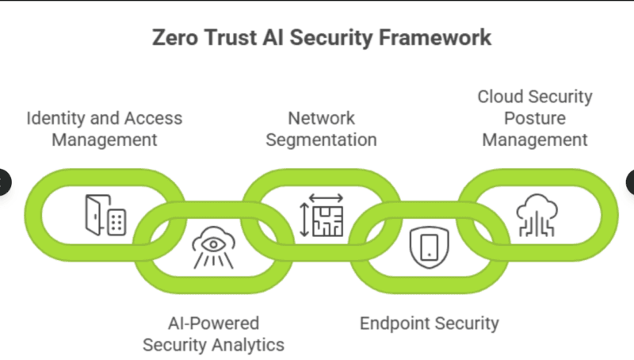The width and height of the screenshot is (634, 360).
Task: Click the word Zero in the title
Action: (174, 38)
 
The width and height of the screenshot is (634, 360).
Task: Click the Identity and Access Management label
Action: (104, 129)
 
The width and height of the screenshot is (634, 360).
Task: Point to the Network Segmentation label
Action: (321, 129)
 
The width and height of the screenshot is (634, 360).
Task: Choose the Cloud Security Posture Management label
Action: (535, 118)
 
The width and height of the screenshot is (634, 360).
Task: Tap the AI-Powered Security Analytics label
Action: (213, 334)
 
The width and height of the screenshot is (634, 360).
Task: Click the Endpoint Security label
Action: (429, 323)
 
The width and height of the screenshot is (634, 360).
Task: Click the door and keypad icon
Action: (105, 215)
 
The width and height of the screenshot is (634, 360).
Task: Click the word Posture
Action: (535, 118)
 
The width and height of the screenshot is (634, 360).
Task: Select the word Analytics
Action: (250, 345)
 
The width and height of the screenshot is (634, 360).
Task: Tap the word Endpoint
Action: (393, 323)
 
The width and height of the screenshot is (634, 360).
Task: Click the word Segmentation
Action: (321, 140)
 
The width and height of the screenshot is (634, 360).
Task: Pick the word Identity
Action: (55, 118)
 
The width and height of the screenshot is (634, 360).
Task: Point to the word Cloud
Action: (501, 97)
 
